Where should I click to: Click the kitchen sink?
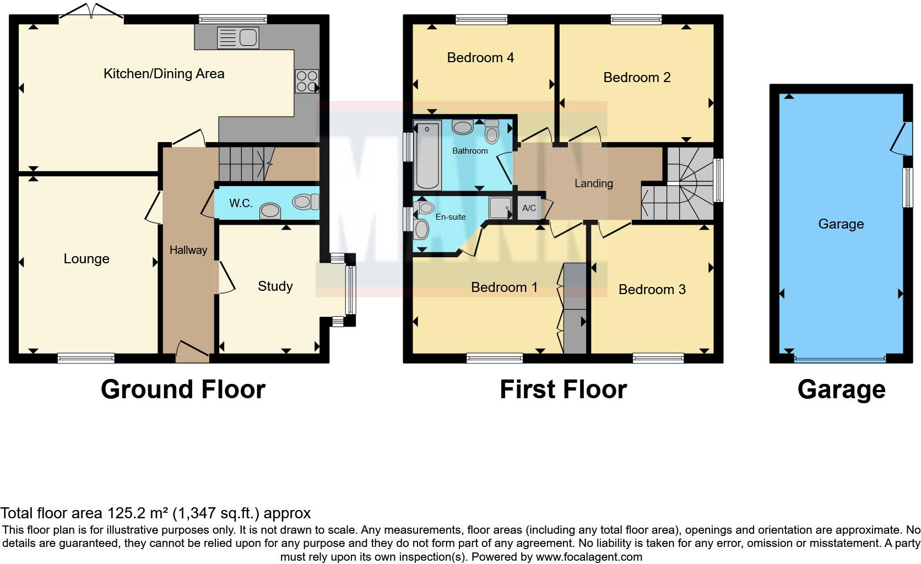(238, 38)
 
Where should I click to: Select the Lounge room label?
(86, 259)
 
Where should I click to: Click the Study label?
(275, 286)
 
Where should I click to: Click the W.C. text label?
(241, 203)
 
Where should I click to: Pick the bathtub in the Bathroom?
(427, 155)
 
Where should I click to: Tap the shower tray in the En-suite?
(500, 208)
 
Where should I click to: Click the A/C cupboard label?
(529, 208)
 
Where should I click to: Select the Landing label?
(593, 183)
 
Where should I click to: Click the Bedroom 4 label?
(480, 58)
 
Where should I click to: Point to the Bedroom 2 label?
(637, 78)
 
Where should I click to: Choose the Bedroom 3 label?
(652, 290)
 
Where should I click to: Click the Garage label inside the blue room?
(841, 224)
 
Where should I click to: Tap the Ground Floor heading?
(183, 389)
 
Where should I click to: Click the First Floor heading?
(563, 389)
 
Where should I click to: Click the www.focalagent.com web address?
(589, 557)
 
